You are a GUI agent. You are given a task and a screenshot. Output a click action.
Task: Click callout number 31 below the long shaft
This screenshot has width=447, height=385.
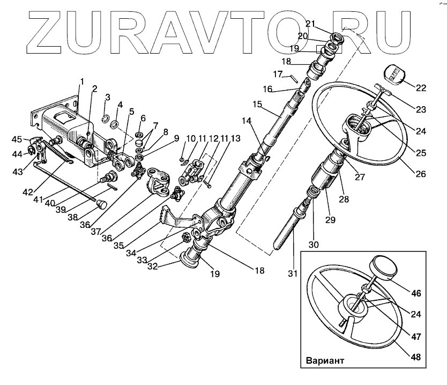293,273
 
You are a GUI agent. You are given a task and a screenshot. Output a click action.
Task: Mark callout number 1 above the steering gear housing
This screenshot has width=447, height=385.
82,82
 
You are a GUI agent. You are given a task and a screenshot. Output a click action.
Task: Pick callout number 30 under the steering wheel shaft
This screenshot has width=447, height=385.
313,245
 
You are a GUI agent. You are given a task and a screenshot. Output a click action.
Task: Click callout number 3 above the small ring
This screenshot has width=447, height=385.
107,97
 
